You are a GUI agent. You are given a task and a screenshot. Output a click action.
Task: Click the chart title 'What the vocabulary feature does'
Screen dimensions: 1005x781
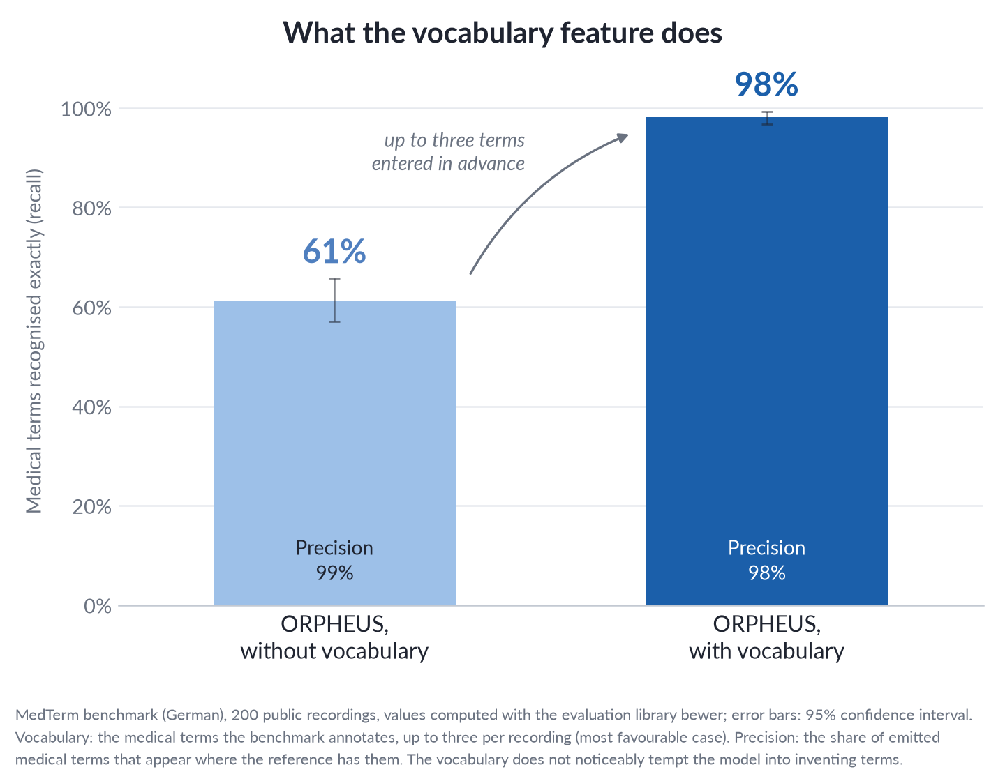502,33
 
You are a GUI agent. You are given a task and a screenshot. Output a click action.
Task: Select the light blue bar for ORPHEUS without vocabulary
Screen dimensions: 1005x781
334,453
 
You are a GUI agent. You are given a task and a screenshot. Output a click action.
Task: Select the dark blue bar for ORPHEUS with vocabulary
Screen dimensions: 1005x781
766,361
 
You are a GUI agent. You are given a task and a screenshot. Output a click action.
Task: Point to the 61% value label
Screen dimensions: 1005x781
334,252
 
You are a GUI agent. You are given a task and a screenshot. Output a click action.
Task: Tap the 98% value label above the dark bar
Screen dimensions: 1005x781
766,84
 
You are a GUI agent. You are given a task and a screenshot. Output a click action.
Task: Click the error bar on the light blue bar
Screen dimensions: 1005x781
334,300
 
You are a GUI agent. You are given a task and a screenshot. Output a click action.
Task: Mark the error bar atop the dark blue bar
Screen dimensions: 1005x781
767,119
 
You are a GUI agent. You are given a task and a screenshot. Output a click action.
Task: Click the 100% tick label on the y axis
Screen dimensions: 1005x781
86,109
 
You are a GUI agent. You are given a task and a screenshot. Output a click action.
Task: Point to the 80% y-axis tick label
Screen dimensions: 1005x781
91,208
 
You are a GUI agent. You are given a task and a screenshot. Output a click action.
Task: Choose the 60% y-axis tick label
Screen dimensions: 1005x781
91,308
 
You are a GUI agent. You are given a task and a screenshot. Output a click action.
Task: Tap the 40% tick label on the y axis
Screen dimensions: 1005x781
91,407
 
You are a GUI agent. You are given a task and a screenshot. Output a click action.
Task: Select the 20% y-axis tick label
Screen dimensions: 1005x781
91,506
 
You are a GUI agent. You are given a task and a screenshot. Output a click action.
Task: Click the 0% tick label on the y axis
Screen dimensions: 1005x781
98,606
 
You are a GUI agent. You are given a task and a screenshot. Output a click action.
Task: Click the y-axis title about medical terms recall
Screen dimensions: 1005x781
33,341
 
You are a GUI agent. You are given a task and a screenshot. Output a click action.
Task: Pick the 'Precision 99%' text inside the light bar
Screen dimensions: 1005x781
334,560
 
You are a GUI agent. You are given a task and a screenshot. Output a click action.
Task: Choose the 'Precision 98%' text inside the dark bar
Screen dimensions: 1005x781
766,560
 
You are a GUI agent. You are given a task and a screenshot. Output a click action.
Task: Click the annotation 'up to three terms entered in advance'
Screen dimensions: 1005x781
448,151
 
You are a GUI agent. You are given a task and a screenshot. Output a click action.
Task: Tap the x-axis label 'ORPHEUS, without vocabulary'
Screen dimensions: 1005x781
334,637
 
